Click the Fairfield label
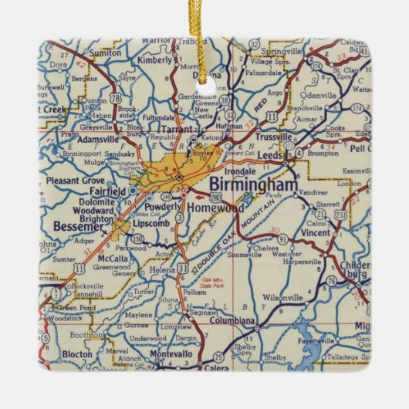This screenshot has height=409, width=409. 103,190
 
